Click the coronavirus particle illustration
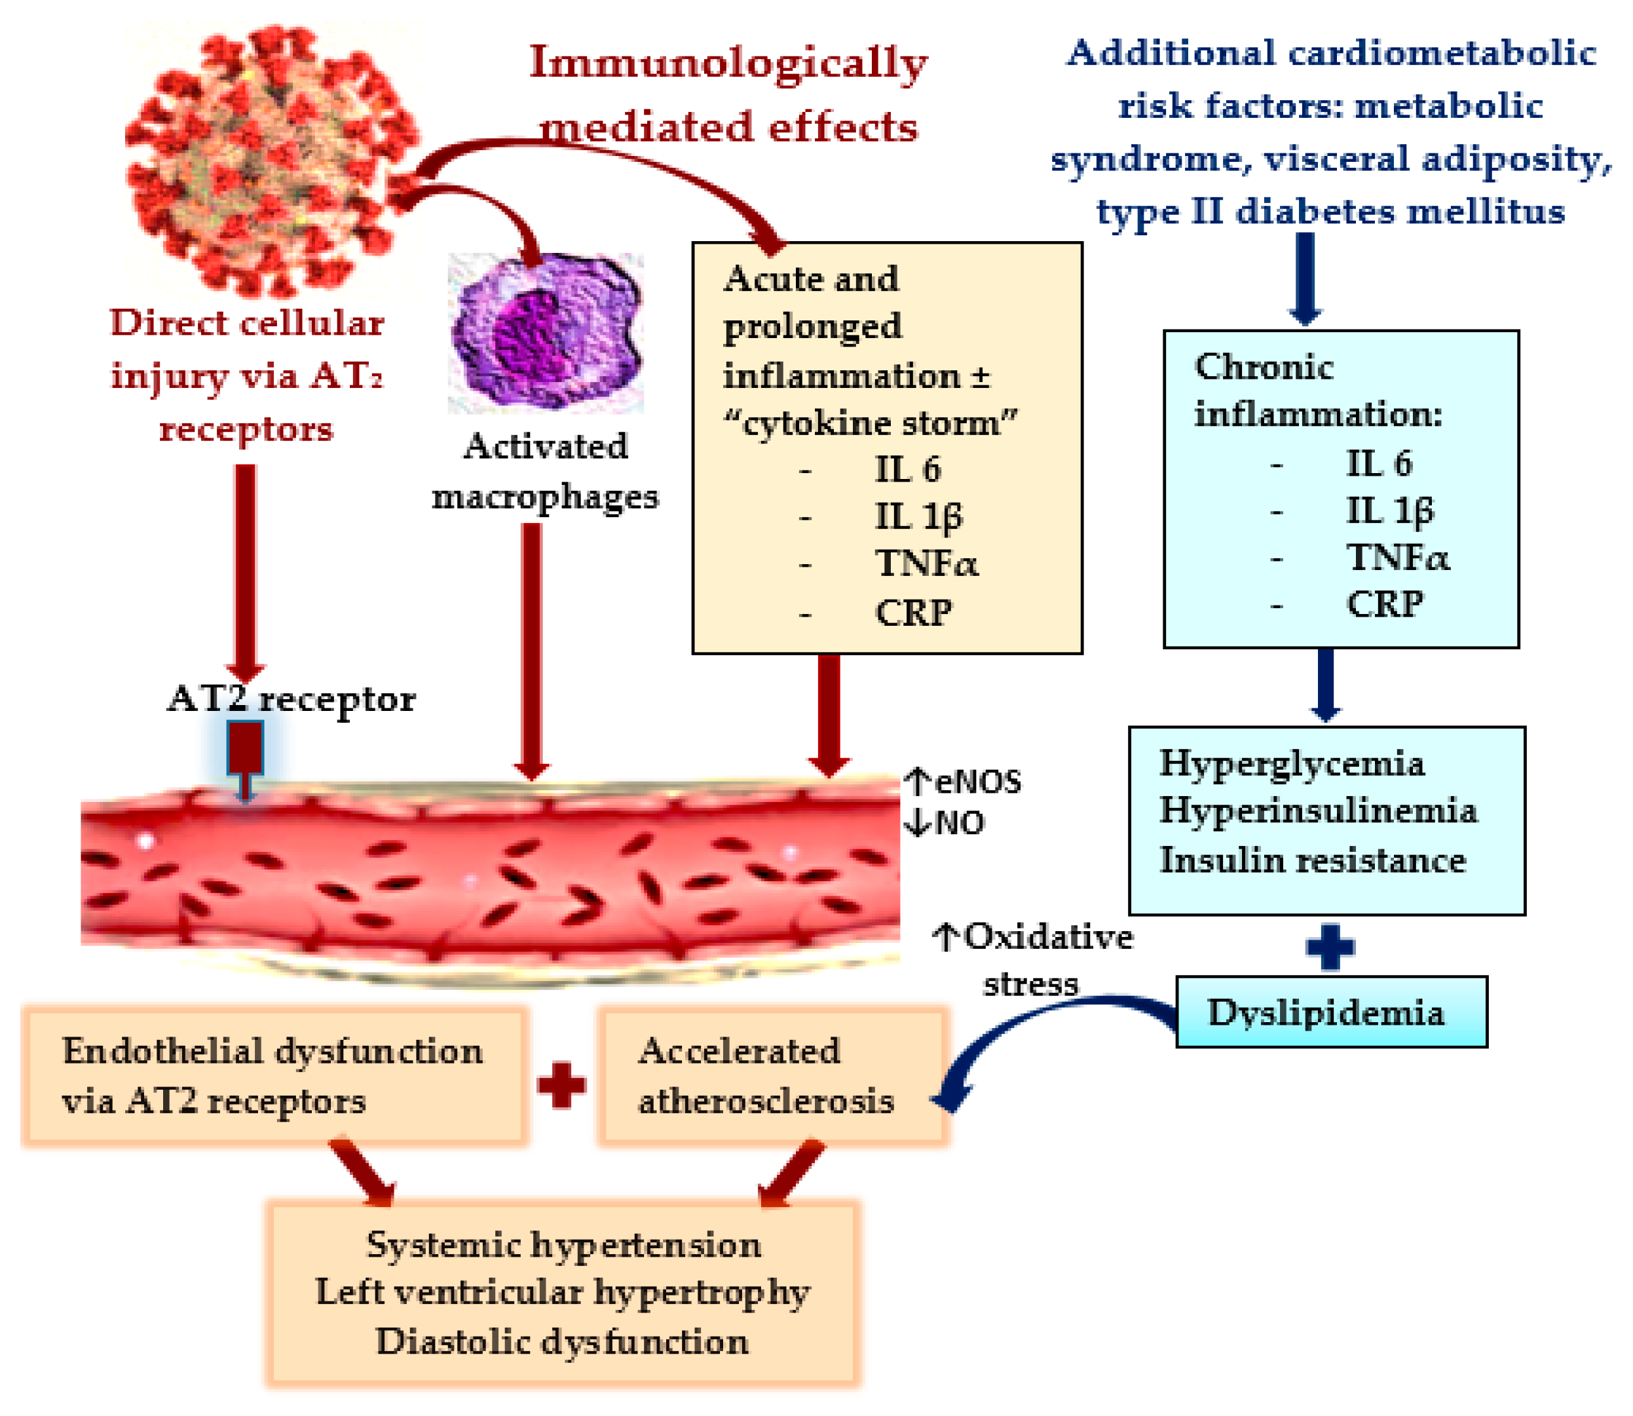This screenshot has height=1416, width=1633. tap(265, 158)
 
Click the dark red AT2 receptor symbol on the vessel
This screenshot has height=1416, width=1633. tap(245, 749)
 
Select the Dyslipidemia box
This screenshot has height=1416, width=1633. tap(1330, 1012)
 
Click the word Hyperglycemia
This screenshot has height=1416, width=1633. tap(1291, 763)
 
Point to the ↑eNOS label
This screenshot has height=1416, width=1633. tap(962, 782)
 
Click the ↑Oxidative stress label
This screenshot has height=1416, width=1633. tap(1032, 959)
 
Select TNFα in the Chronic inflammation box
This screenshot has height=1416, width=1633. tap(1397, 557)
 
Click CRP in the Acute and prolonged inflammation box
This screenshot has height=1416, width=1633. tap(913, 613)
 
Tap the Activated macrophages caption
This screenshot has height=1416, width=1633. tap(545, 471)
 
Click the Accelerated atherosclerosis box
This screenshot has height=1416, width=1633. tap(772, 1075)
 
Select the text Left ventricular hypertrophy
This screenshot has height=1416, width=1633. tap(562, 1293)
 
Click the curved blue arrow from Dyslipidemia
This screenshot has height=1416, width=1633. tap(1019, 1035)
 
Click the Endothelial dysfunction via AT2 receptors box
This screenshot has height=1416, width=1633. tap(274, 1075)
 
